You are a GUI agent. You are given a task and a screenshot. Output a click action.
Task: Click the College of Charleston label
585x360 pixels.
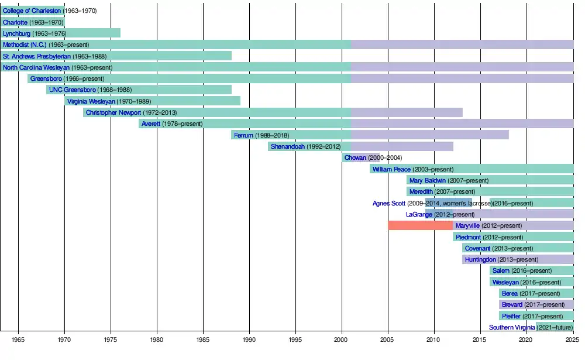(x=32, y=11)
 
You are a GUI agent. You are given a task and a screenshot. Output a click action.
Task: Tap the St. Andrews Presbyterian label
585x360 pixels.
(x=37, y=56)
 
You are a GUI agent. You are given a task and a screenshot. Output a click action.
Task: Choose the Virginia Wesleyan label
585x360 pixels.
(x=91, y=101)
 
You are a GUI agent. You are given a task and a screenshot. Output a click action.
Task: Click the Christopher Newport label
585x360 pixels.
(x=113, y=112)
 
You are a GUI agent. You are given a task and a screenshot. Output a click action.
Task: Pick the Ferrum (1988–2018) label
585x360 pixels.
(x=261, y=135)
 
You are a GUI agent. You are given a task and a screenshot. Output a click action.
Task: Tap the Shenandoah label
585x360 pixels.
(x=288, y=146)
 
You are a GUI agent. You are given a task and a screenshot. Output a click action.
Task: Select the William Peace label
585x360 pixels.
(x=391, y=169)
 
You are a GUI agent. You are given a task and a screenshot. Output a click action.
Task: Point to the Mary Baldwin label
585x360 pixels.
(x=428, y=180)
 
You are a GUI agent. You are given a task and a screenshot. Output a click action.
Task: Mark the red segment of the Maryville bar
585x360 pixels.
(x=420, y=225)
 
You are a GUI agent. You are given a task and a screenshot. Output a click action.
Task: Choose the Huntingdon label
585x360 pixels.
(x=481, y=259)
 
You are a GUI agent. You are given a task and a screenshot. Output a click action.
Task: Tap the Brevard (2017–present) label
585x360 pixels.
(x=512, y=304)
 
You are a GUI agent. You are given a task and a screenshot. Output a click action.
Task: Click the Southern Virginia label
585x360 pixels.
(x=511, y=327)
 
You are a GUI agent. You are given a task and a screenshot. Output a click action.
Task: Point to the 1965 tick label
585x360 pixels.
(x=18, y=339)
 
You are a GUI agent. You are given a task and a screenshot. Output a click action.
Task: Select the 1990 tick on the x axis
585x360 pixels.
(x=249, y=339)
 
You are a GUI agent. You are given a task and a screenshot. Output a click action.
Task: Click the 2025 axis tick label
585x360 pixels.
(x=573, y=339)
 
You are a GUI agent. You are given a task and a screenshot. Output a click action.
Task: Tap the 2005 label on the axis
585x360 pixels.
(x=388, y=339)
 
